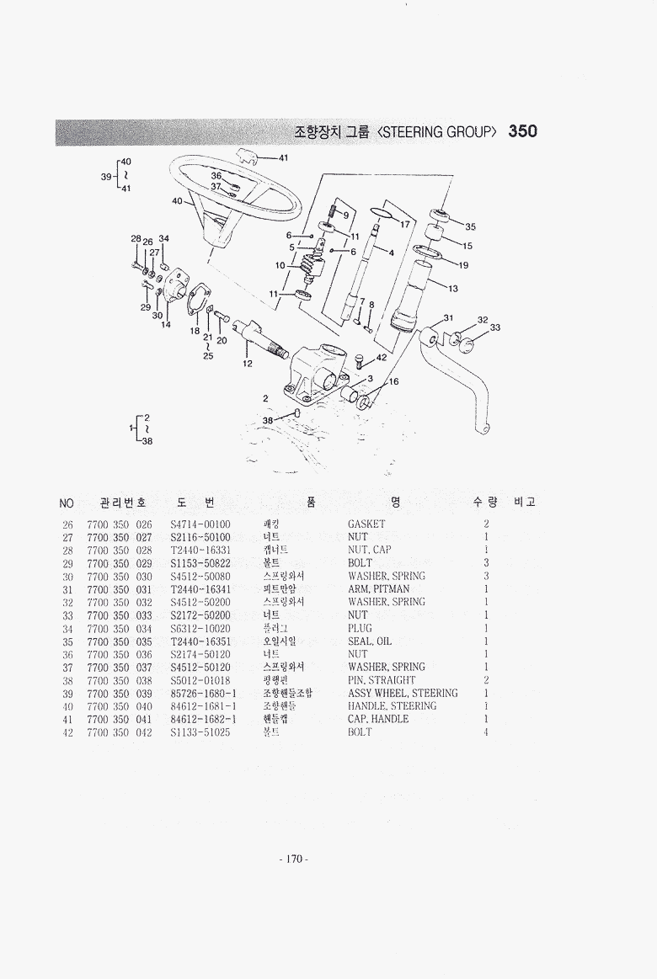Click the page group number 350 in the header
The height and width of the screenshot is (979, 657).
point(522,131)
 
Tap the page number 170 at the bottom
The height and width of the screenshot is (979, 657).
point(293,859)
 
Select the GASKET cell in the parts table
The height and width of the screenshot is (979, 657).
point(366,524)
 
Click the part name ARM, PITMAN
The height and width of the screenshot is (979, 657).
point(378,589)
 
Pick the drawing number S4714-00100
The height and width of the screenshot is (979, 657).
point(200,524)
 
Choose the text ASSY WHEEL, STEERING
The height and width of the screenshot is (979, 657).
point(403,694)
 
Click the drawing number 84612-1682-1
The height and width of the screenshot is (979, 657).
point(203,720)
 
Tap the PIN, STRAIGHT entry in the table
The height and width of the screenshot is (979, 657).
point(382,680)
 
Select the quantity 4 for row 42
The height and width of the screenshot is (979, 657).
point(487,732)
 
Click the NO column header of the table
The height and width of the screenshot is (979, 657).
point(67,503)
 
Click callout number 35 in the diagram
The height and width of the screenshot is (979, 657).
point(470,226)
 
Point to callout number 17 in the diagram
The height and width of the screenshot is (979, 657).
point(404,225)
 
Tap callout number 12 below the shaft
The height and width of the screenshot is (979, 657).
point(248,364)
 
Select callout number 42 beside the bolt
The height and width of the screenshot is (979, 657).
point(382,357)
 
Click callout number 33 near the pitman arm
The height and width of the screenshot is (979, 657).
point(494,327)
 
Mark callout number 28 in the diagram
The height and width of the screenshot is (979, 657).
point(135,239)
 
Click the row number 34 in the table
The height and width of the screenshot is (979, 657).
point(67,629)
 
